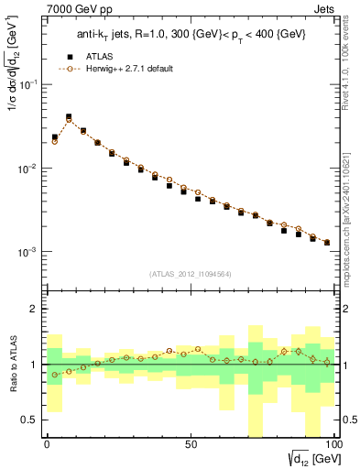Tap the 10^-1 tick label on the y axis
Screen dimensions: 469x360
pyautogui.click(x=27, y=84)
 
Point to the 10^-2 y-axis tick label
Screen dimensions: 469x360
pyautogui.click(x=27, y=169)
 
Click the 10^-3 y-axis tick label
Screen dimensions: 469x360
pyautogui.click(x=27, y=252)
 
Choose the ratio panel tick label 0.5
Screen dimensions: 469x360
pyautogui.click(x=29, y=420)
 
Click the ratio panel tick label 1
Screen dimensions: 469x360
pyautogui.click(x=34, y=365)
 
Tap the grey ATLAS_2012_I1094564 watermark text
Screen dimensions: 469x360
pyautogui.click(x=190, y=273)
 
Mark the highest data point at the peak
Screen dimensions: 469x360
pyautogui.click(x=69, y=117)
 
